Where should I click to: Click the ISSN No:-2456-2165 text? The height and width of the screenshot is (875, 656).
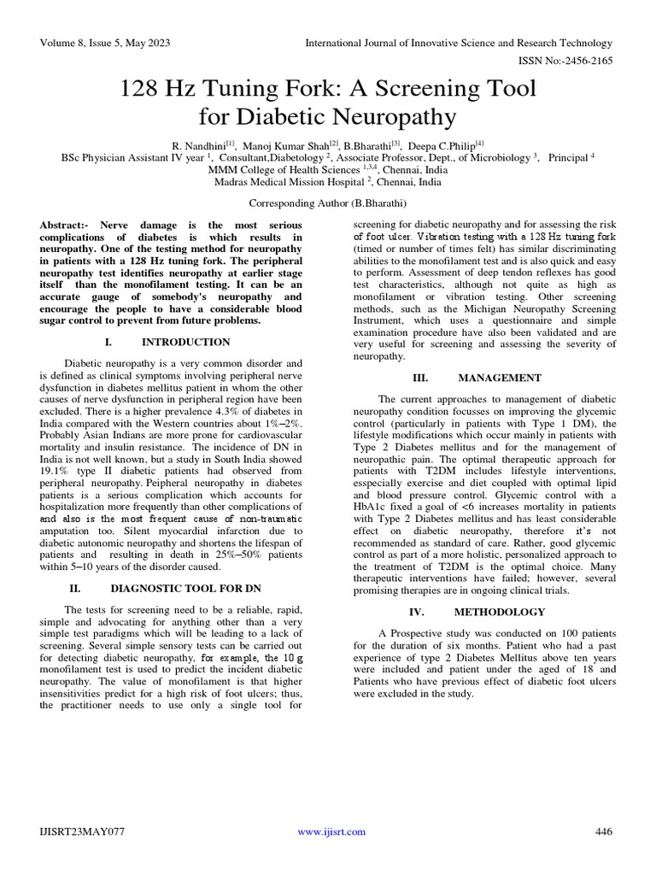[x=565, y=62]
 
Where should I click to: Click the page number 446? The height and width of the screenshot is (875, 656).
[x=603, y=832]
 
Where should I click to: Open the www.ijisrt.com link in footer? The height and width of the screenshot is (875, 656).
[x=328, y=832]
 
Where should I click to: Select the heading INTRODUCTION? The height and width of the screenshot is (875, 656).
[x=185, y=342]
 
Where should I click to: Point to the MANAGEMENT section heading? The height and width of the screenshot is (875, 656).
[x=499, y=378]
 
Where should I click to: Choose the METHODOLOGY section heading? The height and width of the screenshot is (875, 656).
[x=499, y=612]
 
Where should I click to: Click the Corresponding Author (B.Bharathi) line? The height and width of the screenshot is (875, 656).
[x=328, y=203]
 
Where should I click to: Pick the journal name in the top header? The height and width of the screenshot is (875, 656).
[x=460, y=44]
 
